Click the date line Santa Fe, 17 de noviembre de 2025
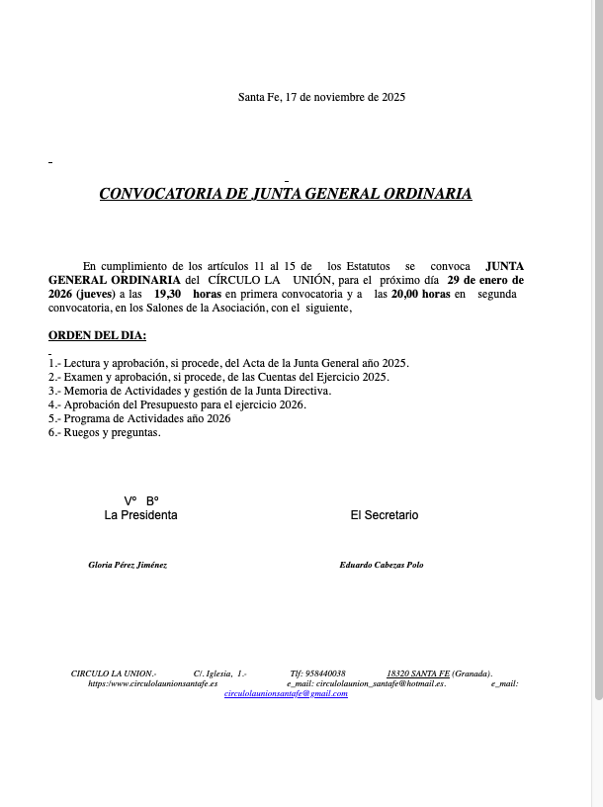tap(321, 97)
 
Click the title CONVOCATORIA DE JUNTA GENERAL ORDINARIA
tap(286, 194)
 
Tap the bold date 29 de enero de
tap(485, 280)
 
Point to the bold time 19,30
tap(167, 294)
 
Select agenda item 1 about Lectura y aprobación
tap(228, 363)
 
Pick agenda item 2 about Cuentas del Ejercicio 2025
tap(218, 377)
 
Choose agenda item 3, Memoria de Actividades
tap(190, 391)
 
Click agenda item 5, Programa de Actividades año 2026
tap(139, 418)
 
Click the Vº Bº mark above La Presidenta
tap(141, 500)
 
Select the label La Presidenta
tap(141, 515)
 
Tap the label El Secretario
tap(385, 515)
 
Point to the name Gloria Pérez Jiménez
tap(128, 565)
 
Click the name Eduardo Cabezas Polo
tap(381, 565)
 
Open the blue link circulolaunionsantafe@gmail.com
tap(286, 693)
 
